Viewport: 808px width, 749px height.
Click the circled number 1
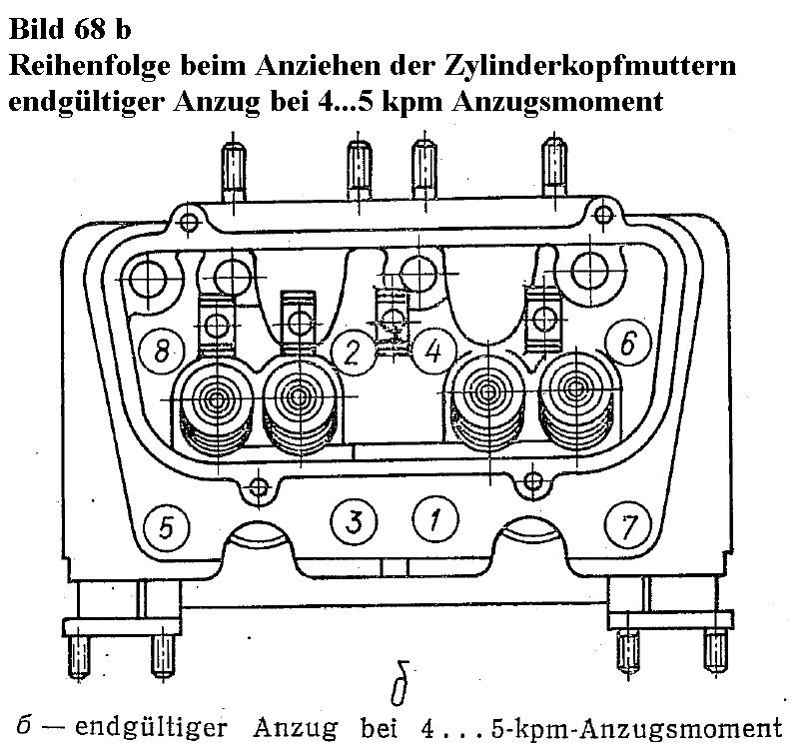[434, 519]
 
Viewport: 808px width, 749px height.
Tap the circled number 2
[353, 354]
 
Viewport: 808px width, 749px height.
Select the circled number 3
[354, 521]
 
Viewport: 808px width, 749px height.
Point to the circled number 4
[433, 353]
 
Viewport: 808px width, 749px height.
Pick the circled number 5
[166, 527]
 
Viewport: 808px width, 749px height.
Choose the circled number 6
[628, 343]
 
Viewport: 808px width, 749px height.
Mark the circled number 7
[628, 525]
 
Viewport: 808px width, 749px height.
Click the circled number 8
[161, 354]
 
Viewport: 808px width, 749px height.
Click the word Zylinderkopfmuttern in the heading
[589, 67]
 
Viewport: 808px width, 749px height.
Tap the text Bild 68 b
[70, 29]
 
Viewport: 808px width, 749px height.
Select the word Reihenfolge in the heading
[90, 67]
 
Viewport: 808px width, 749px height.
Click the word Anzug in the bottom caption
[296, 728]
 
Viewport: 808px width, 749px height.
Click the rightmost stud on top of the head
[554, 168]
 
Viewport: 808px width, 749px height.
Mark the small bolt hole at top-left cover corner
[189, 223]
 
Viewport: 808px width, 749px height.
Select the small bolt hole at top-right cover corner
[603, 215]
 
